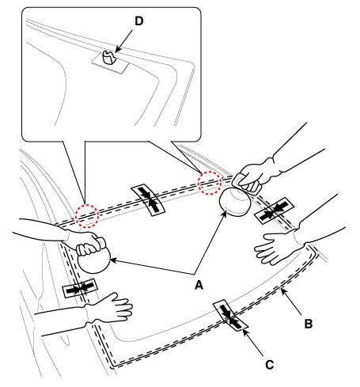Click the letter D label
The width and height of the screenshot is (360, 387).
point(139,21)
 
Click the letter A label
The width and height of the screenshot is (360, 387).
point(199,285)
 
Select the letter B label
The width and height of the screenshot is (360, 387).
point(309,324)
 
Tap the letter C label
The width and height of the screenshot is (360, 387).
point(269,365)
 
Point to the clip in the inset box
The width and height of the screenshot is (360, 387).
point(109,57)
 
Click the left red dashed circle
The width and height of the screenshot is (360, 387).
point(87,216)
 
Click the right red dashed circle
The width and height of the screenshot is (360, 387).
point(210,183)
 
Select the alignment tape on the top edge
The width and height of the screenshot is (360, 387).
point(148,199)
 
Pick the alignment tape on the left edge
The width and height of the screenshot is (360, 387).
point(80,288)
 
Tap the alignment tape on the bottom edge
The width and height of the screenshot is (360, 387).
point(230,315)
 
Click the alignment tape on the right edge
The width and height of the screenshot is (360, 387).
point(274,211)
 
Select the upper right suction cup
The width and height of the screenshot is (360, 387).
point(234,202)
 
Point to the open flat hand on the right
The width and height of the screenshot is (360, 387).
point(279,248)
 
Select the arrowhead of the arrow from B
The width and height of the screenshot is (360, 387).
point(282,291)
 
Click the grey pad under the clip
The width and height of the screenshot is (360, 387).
point(110,63)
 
